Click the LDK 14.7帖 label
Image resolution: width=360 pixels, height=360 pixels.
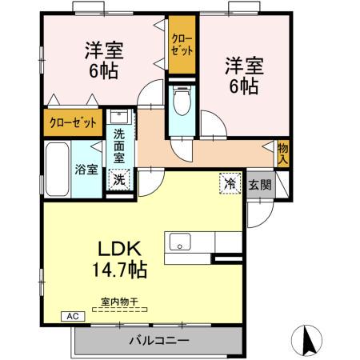[x=122, y=257]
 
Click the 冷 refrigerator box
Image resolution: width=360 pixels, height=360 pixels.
[x=229, y=183]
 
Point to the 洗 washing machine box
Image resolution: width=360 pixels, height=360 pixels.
[x=118, y=180]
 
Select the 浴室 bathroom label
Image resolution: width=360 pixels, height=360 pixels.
[x=86, y=169]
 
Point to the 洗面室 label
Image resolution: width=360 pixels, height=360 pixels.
[x=118, y=146]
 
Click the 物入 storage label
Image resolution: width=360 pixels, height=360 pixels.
[x=282, y=152]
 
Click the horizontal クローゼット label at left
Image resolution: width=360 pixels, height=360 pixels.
[x=72, y=123]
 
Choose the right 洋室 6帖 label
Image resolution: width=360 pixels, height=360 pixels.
[x=241, y=74]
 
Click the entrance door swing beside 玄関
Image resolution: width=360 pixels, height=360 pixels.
[x=261, y=210]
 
